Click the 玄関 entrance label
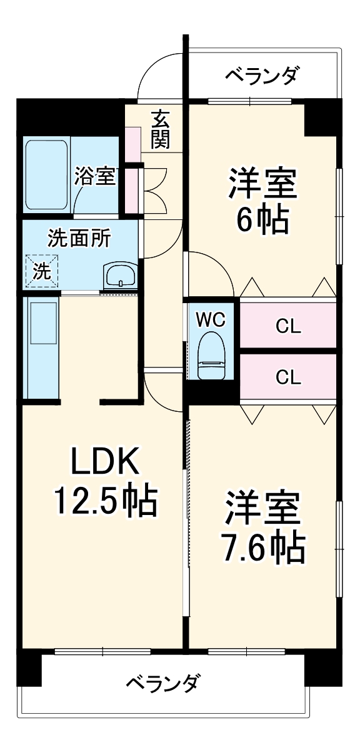(160, 129)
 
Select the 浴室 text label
(95, 177)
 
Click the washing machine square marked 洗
(41, 271)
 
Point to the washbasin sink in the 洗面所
(119, 275)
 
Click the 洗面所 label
(79, 238)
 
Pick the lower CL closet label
(289, 376)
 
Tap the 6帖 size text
(262, 218)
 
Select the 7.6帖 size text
(262, 547)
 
